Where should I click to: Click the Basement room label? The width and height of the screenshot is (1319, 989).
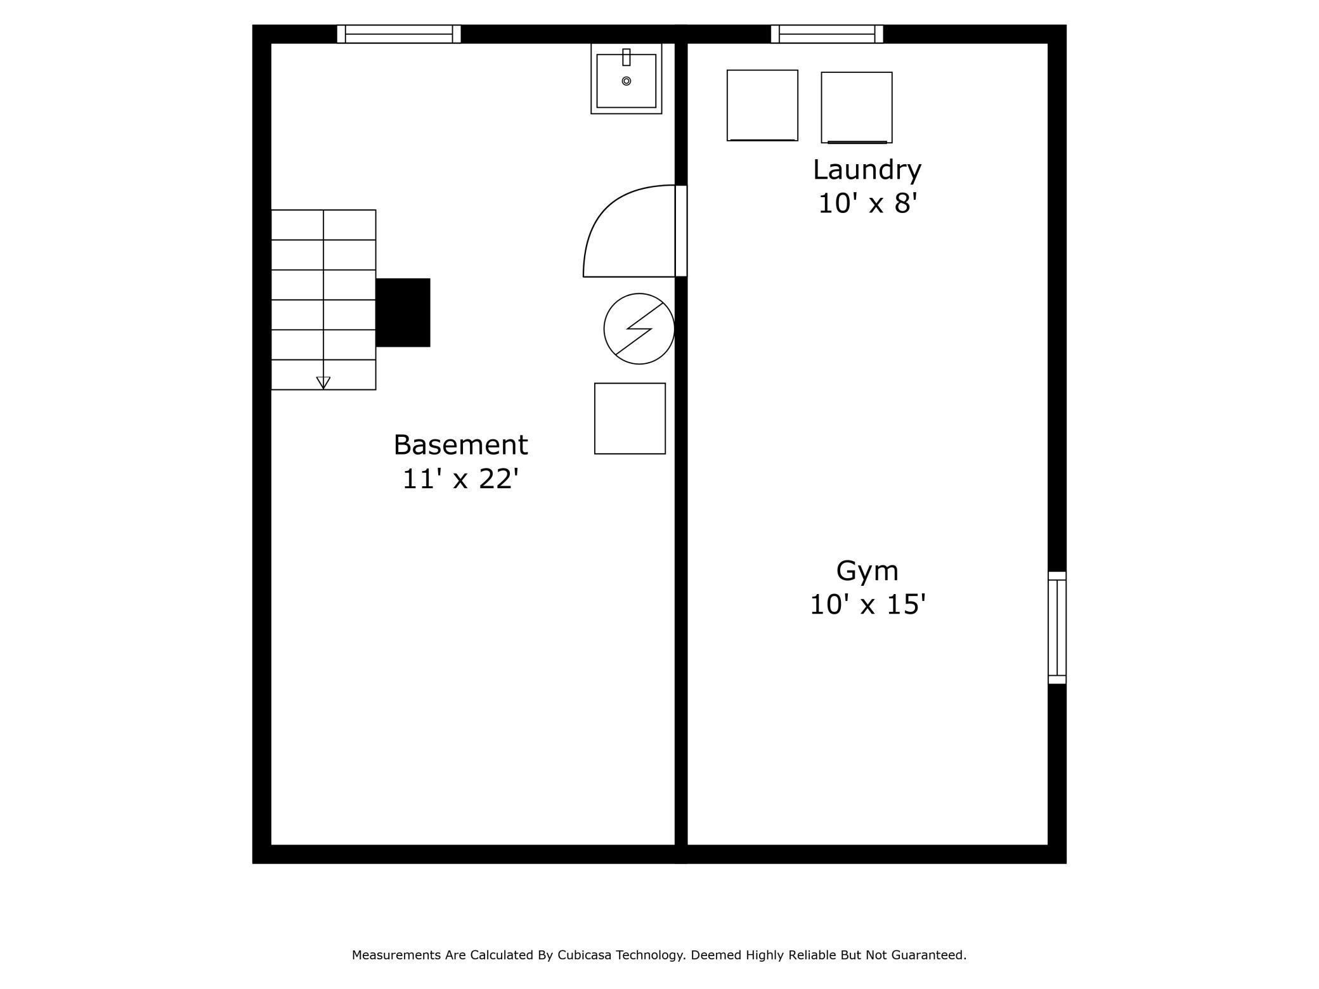460,445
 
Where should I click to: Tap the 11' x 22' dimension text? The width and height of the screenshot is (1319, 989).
460,479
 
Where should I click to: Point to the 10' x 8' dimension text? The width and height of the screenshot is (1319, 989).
867,204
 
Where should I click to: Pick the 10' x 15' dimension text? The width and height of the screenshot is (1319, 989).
867,604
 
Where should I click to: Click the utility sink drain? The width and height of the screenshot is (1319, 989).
627,81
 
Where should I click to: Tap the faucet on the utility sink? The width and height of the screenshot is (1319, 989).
627,57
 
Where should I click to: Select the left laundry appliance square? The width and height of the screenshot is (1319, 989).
762,105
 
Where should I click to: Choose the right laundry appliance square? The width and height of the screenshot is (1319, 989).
857,107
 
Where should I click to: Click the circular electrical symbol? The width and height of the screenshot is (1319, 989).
639,328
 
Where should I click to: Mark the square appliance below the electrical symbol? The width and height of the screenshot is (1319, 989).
630,418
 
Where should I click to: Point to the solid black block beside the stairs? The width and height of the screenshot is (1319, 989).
403,313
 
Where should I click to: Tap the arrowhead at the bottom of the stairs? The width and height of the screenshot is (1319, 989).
323,382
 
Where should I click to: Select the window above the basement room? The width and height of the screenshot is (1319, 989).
399,34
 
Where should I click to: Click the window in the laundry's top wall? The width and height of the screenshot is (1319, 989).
827,34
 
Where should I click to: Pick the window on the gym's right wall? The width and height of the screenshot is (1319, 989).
1057,628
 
